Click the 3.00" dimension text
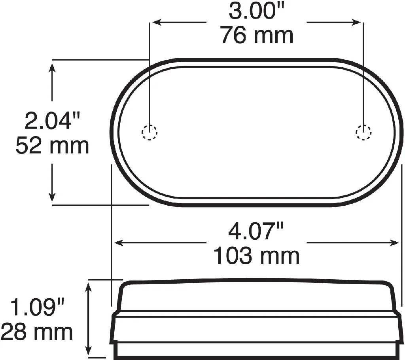256,11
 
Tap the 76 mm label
257,35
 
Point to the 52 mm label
52,146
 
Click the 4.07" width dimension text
256,231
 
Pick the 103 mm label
257,256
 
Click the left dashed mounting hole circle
149,132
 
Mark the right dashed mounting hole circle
363,132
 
